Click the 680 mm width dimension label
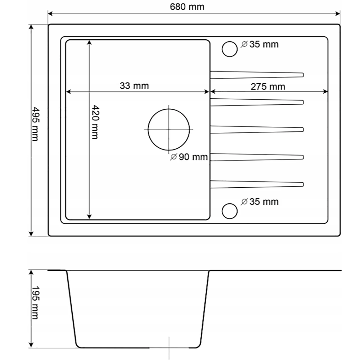click(x=187, y=7)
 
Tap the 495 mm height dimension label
click(x=35, y=124)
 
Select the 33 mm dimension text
click(x=134, y=86)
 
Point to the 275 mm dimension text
click(x=268, y=87)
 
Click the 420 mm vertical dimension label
click(x=95, y=122)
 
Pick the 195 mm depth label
click(x=35, y=303)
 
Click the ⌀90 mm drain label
click(x=189, y=157)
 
